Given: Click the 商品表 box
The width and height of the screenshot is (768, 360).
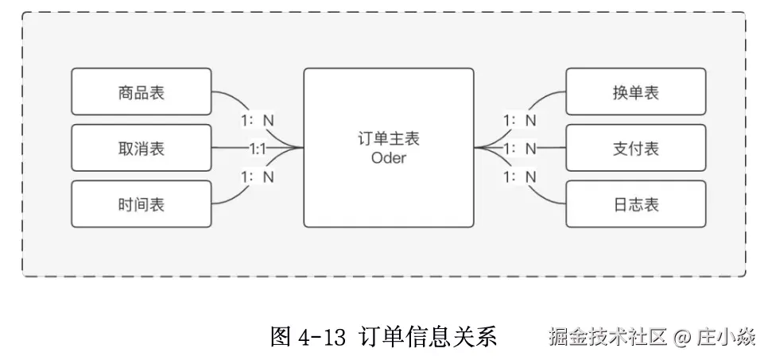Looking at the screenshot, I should pos(142,91).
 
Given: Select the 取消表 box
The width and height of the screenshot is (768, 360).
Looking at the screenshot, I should pos(142,148).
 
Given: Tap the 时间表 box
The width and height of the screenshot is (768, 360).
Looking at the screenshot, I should pos(142,203).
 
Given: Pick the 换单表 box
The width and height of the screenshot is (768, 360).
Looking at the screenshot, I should pos(635,91).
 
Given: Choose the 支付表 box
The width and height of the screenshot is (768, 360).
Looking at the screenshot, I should pos(635,148).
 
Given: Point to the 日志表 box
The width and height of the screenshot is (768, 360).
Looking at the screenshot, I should pos(635,203).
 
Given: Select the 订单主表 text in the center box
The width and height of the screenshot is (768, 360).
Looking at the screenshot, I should pos(388,138).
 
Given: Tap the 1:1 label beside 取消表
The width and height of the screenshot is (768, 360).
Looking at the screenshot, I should pos(258,148).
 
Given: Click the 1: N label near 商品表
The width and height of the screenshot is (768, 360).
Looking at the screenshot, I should pos(258,121).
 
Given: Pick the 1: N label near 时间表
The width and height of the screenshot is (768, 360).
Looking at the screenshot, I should pos(258,176).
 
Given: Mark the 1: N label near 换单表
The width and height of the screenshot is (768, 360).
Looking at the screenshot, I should pos(520,121).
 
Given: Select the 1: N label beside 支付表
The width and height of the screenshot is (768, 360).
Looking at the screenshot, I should pos(520,148).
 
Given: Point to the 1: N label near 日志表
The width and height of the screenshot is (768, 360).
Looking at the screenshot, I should pos(520,176).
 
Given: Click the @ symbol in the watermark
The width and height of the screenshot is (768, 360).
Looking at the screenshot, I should pos(681,338).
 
